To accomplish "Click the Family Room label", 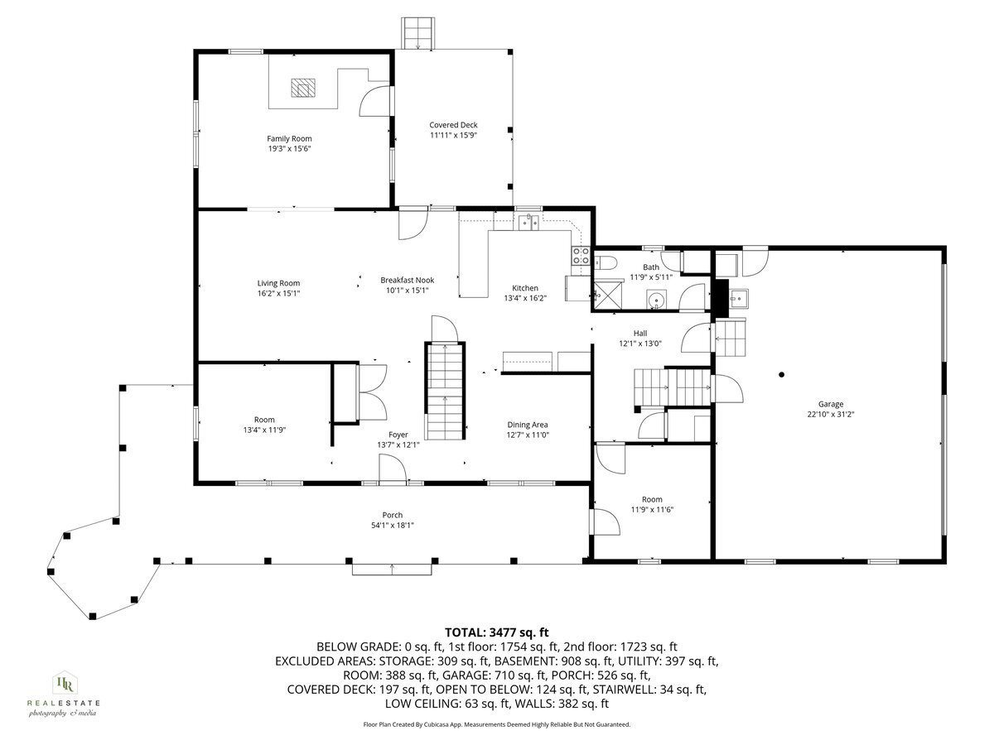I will point(288,138).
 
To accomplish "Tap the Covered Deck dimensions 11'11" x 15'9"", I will point(453,135).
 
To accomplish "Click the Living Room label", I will point(277,283).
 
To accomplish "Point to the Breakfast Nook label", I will point(407,280).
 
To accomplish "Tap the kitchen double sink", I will point(529,221).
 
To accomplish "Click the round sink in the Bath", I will point(657,300).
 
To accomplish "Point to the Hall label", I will point(639,333).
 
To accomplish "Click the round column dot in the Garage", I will point(781,374).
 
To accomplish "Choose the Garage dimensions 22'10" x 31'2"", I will point(830,415).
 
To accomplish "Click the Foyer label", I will point(398,434).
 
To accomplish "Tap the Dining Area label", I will point(528,425).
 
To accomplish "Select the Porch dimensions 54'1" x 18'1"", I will point(392,526).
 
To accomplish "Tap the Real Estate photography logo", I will point(63,691).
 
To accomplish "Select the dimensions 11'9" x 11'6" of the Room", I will point(652,510).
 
